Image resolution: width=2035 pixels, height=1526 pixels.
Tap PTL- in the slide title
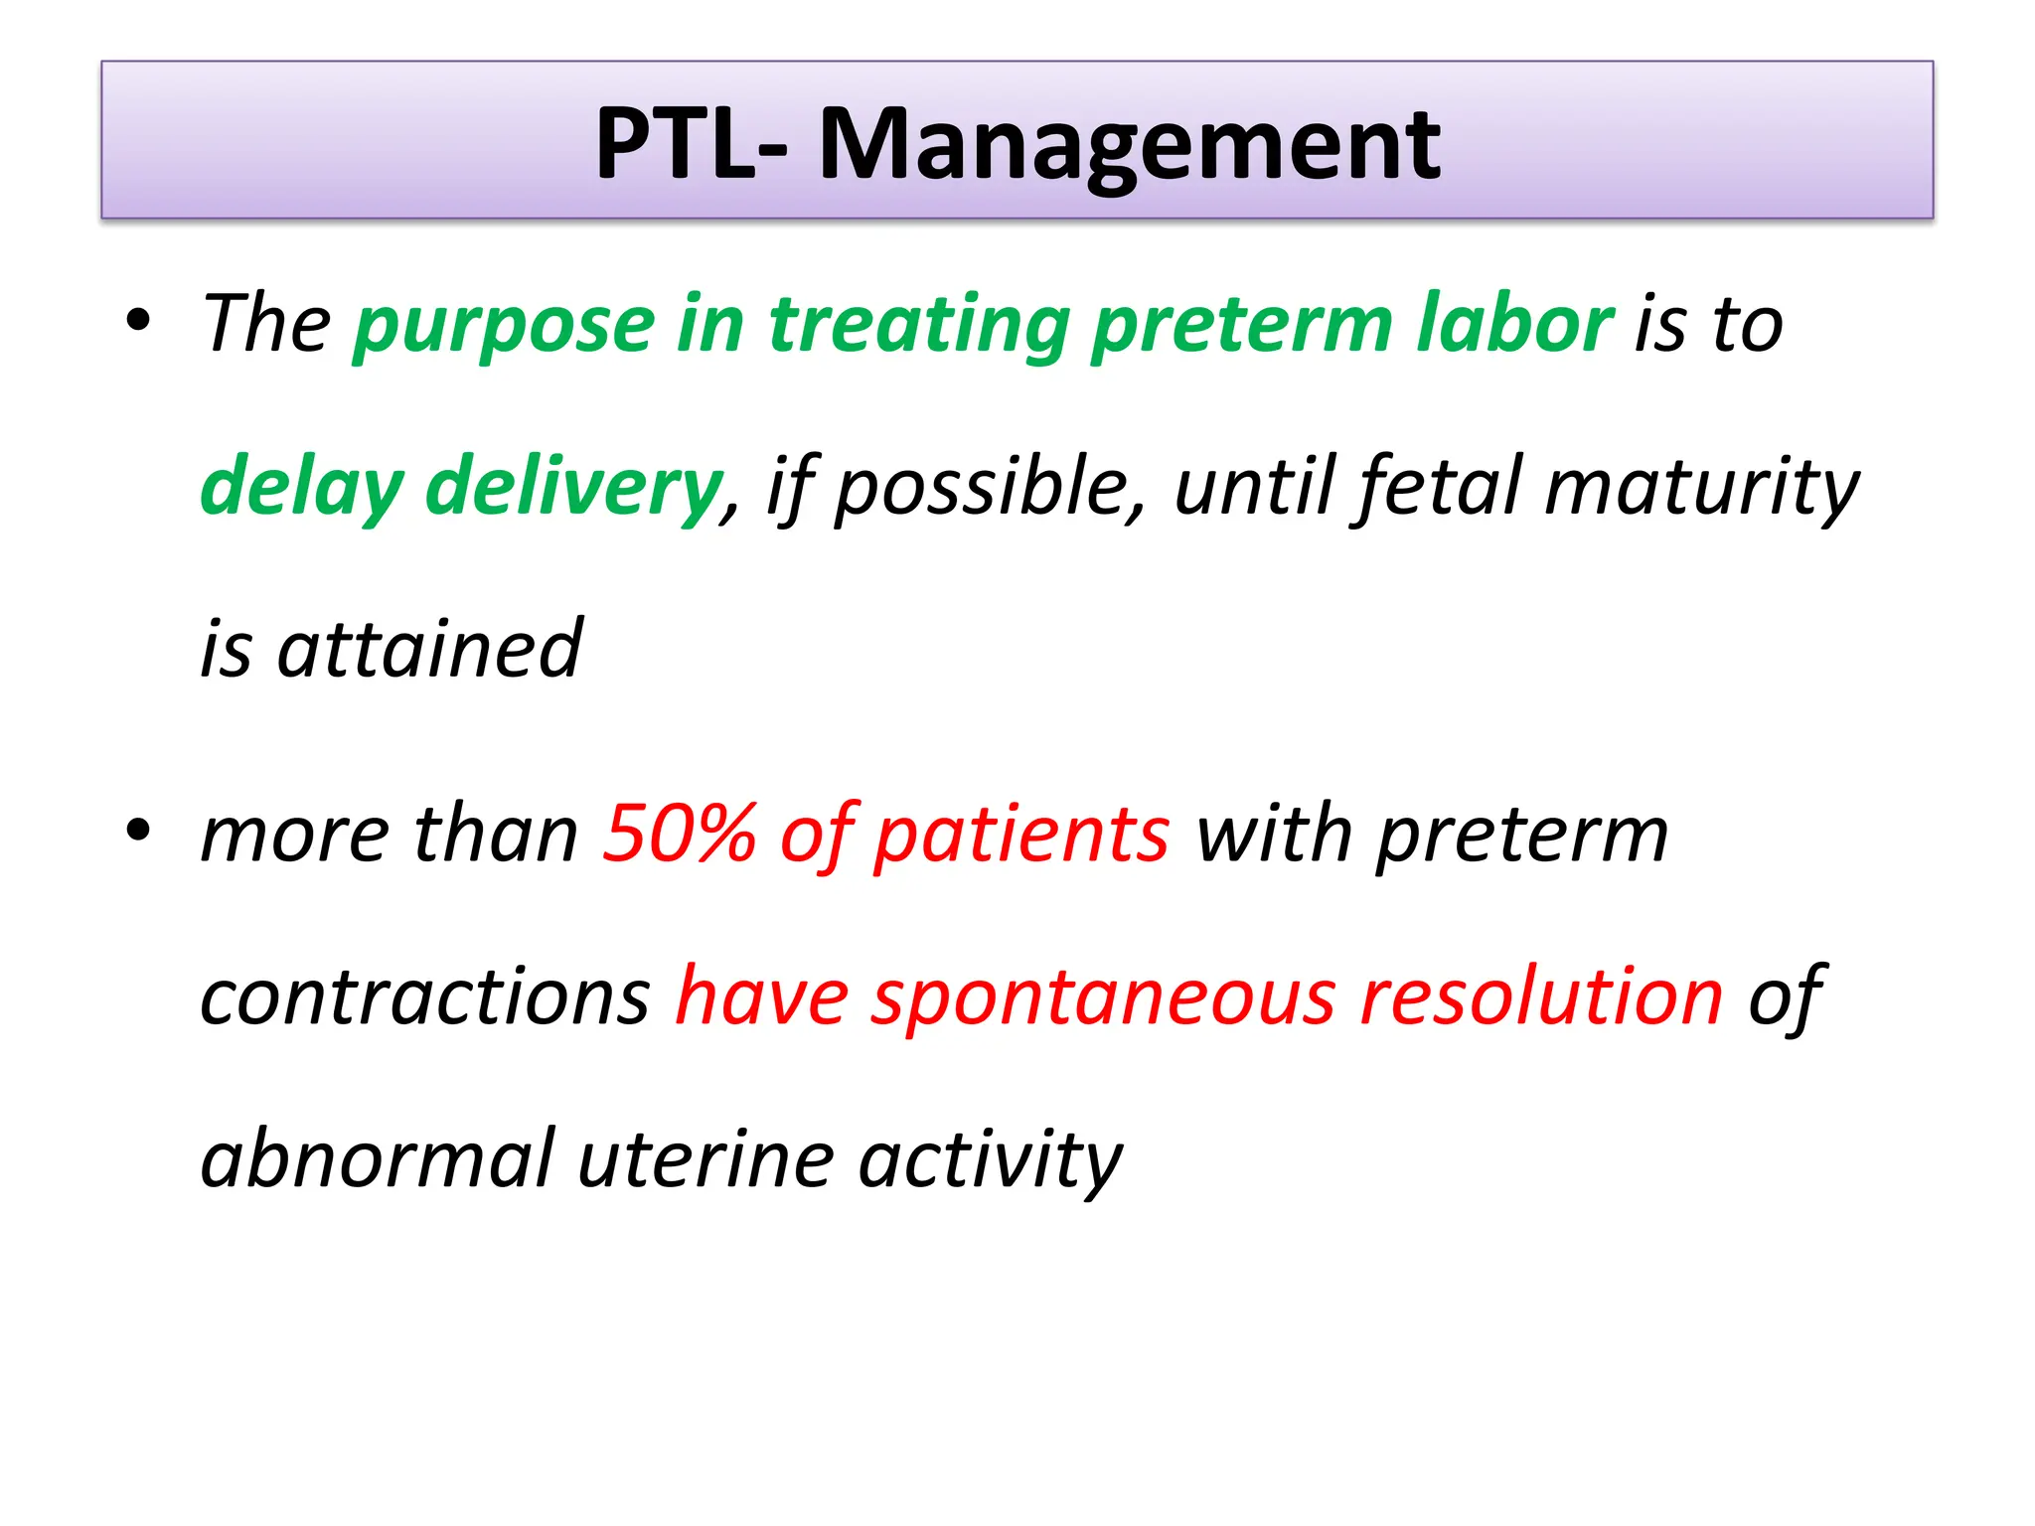tap(691, 145)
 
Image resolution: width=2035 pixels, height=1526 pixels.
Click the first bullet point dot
tap(138, 321)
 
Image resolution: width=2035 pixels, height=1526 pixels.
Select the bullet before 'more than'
tap(138, 830)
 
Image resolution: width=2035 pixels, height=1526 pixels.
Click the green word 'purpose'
tap(504, 326)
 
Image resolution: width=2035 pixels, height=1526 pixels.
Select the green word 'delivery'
tap(573, 487)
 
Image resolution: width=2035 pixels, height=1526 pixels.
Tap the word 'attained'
tap(429, 649)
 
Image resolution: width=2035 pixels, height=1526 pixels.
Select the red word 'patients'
tap(1021, 835)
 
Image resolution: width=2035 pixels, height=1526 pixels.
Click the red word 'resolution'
tap(1541, 995)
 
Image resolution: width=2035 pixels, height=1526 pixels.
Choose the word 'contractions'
tap(425, 995)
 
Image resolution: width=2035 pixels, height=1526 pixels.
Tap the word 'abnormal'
tap(377, 1158)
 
